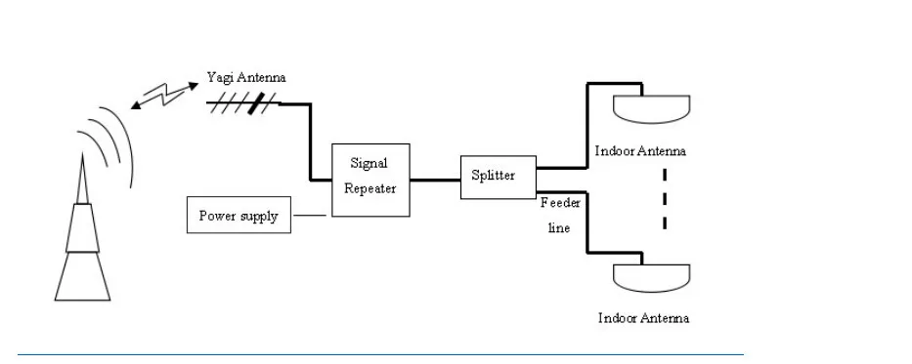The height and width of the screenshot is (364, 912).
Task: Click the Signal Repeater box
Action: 370,180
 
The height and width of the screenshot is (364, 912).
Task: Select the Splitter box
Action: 499,177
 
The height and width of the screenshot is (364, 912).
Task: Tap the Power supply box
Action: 239,215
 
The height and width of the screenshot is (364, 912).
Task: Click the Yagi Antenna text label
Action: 246,77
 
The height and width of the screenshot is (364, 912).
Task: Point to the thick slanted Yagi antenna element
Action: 256,103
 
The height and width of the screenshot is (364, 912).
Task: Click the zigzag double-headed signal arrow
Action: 164,96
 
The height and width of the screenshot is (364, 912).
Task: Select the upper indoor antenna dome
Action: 651,109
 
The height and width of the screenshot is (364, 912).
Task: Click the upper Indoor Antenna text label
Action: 640,151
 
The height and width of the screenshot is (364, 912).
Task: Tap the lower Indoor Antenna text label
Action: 644,318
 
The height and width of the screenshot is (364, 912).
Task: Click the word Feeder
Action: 560,203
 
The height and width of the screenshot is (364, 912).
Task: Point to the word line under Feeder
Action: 559,228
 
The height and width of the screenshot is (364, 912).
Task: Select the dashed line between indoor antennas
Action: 665,198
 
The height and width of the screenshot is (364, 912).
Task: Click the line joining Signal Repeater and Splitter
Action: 435,180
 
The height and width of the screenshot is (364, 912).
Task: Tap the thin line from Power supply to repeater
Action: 310,216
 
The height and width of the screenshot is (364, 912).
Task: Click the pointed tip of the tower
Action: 82,154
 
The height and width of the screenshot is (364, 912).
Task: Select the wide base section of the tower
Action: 82,276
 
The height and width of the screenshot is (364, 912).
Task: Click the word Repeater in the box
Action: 369,189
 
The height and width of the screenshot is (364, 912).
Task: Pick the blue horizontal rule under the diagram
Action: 380,354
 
